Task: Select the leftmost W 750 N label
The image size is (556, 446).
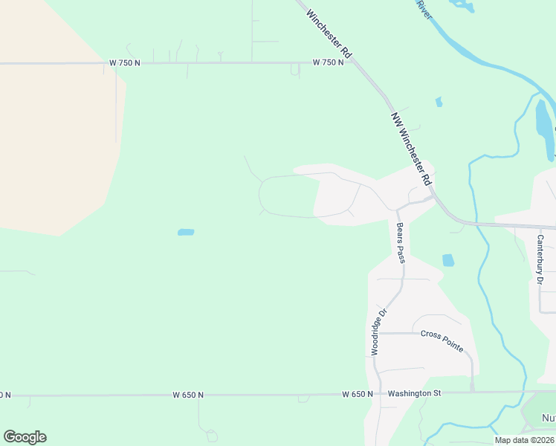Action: click(x=125, y=63)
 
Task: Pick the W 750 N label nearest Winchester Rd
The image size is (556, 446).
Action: click(x=328, y=63)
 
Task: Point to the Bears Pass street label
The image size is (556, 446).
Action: click(x=401, y=242)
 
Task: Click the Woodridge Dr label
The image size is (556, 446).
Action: click(x=379, y=332)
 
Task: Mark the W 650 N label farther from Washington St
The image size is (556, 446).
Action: click(x=188, y=395)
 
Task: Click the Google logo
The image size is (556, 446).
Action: click(x=25, y=436)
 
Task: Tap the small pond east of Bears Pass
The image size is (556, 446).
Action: click(x=447, y=260)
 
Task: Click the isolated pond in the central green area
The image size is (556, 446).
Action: click(x=186, y=233)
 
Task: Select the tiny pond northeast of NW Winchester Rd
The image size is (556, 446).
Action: click(x=439, y=102)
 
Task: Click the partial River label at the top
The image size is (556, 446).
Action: click(x=424, y=9)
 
